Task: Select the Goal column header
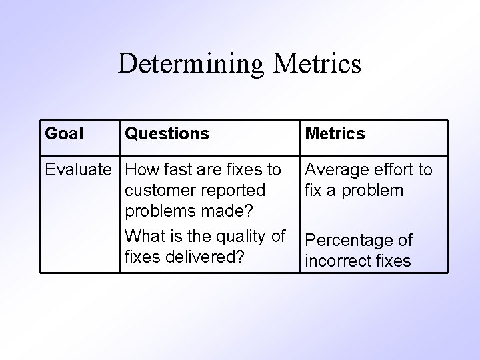click(x=64, y=134)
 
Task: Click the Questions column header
click(x=167, y=134)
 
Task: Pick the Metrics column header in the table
click(x=335, y=134)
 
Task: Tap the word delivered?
click(x=205, y=257)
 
